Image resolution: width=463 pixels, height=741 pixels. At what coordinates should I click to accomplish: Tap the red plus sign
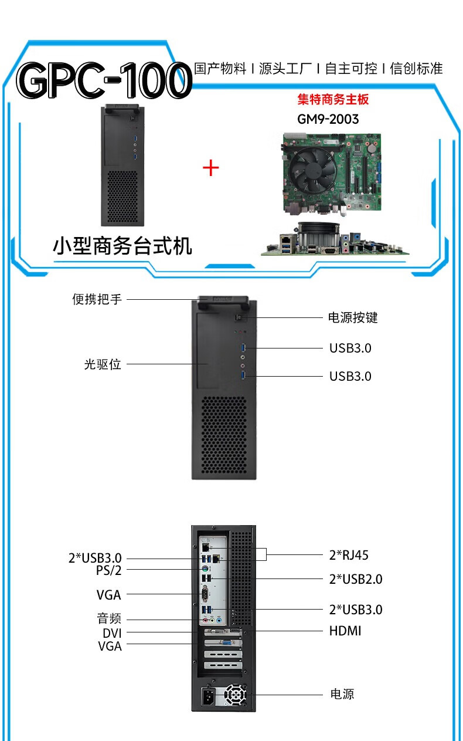(x=211, y=168)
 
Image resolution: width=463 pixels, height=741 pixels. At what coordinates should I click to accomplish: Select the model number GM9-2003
(x=328, y=119)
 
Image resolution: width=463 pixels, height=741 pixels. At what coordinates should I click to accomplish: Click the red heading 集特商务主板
(x=333, y=99)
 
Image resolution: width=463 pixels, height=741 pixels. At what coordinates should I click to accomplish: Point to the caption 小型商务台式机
(x=122, y=246)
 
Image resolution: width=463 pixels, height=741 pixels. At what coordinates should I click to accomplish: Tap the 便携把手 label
(x=97, y=299)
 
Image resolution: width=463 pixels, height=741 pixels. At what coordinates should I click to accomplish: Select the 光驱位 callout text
(x=103, y=364)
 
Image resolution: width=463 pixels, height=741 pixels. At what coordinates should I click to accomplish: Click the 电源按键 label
(x=353, y=317)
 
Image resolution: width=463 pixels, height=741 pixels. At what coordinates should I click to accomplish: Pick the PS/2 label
(x=109, y=570)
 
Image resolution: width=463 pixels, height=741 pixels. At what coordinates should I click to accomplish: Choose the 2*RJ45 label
(x=349, y=555)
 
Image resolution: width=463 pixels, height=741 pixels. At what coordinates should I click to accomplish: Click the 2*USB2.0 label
(x=356, y=579)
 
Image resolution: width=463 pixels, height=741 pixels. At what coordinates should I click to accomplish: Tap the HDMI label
(x=345, y=631)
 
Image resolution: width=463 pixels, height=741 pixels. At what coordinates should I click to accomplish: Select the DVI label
(x=112, y=634)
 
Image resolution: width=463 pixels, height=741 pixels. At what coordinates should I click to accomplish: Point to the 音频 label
(x=109, y=618)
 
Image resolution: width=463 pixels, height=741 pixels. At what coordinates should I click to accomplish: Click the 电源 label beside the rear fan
(x=342, y=694)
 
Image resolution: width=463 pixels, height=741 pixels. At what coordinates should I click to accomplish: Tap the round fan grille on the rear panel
(x=235, y=696)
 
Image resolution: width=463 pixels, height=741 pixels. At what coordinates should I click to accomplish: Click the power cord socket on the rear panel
(x=208, y=696)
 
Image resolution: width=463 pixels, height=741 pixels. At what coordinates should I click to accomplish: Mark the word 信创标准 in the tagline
(x=416, y=69)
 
